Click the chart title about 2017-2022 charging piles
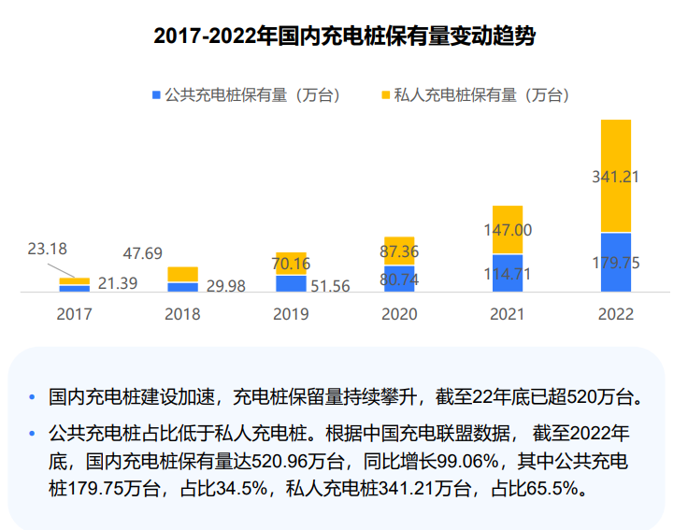point(344,36)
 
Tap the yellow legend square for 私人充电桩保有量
point(385,94)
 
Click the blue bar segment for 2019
point(291,283)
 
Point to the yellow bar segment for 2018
point(182,274)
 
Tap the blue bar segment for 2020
point(399,279)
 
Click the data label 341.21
point(616,175)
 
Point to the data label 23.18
point(47,249)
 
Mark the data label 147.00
point(508,230)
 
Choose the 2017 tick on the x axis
point(74,314)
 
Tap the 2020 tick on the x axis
point(399,314)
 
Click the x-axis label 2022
point(616,314)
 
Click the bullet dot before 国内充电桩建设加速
point(34,397)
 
